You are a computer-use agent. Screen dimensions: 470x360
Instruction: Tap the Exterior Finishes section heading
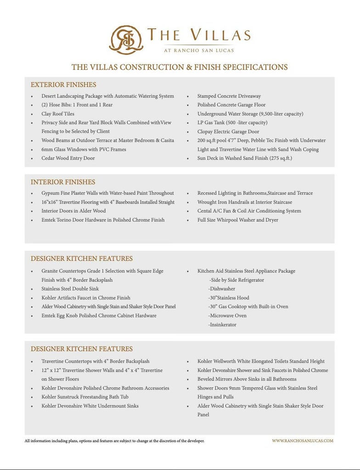point(63,85)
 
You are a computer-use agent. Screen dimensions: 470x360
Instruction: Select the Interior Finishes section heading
point(63,182)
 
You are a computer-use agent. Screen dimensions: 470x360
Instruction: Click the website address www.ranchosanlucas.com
point(303,441)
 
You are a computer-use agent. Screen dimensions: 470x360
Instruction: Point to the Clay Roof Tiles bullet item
point(58,114)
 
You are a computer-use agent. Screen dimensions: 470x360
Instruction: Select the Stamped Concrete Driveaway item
point(229,96)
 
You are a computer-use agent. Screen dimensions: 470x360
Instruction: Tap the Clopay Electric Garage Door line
point(228,132)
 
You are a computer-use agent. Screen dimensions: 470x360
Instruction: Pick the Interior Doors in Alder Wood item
point(73,211)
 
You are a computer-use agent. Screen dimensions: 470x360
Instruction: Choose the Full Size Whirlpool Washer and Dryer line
point(238,220)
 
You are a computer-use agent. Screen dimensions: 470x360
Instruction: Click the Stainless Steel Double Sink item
point(70,289)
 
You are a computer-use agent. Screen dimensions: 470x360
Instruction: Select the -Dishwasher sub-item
point(222,289)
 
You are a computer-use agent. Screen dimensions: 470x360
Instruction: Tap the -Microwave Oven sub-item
point(227,316)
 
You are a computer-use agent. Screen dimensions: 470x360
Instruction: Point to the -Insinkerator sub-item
point(223,325)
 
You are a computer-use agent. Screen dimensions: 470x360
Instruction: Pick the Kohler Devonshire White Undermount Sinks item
point(90,406)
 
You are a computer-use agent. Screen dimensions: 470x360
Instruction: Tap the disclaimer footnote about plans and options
point(114,441)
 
